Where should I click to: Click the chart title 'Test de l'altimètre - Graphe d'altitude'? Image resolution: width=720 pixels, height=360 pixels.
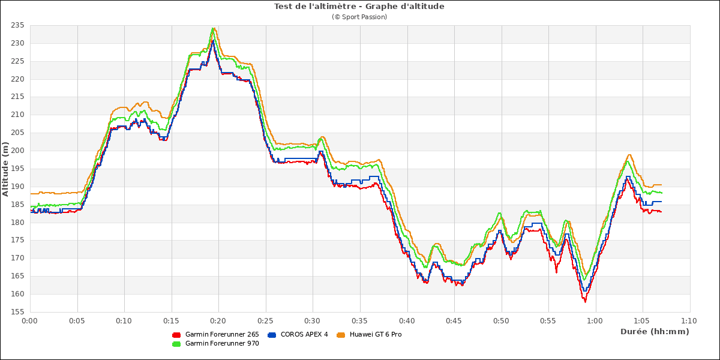point(359,7)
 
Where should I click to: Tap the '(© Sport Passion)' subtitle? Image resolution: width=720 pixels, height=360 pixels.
point(359,17)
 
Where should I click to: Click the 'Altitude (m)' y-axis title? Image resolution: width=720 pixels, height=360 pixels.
point(5,169)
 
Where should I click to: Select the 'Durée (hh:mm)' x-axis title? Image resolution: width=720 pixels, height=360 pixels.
point(655,331)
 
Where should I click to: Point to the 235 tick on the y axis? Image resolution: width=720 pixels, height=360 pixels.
point(17,25)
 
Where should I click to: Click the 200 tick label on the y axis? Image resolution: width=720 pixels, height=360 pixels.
point(17,151)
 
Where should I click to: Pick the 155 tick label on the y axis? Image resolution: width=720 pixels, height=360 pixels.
point(17,312)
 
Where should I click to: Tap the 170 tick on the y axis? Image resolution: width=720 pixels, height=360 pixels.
point(17,258)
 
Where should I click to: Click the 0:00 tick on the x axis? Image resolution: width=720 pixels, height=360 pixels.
point(30,321)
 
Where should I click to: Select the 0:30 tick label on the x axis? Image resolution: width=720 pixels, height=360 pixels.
point(313,321)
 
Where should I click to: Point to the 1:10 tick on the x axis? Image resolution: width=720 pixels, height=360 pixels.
point(689,321)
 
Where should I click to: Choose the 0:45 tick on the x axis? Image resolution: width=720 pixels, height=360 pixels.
point(454,321)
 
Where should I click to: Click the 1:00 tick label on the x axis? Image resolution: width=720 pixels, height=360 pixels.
point(595,321)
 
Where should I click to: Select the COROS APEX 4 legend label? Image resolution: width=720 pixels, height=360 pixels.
point(304,334)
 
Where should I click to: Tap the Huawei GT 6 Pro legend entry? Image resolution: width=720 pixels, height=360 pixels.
point(376,334)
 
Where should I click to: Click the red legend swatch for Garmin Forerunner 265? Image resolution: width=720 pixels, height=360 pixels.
point(176,334)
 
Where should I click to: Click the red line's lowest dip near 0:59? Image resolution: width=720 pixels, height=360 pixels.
point(585,301)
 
